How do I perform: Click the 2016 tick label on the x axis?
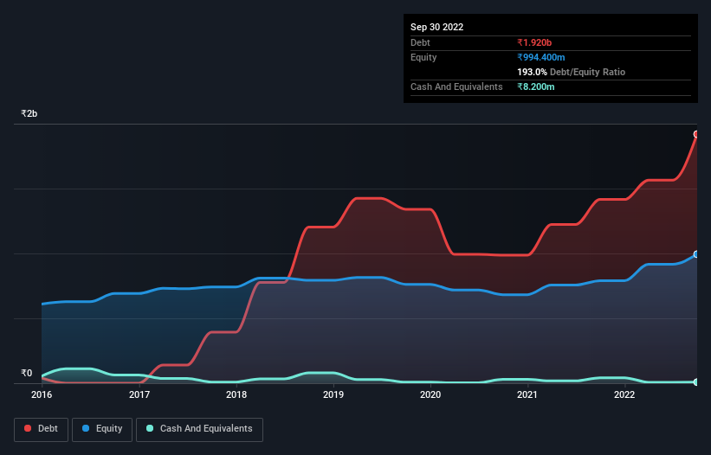(x=42, y=395)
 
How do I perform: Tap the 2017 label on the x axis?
(x=139, y=395)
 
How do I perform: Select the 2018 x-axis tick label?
(x=236, y=395)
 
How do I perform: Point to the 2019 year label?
(x=333, y=395)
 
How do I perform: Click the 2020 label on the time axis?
(x=430, y=395)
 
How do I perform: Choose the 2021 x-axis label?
(x=527, y=395)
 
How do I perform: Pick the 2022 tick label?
(x=624, y=395)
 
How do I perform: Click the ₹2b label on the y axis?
(x=29, y=114)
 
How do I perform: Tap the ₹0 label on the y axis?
(x=27, y=374)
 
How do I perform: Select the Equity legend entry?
(x=101, y=429)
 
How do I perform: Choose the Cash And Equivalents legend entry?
(x=199, y=429)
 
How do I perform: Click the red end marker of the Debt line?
(x=696, y=134)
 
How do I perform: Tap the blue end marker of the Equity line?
(x=696, y=254)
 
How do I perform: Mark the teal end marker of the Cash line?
(x=696, y=381)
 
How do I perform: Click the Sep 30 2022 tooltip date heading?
(x=437, y=27)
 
